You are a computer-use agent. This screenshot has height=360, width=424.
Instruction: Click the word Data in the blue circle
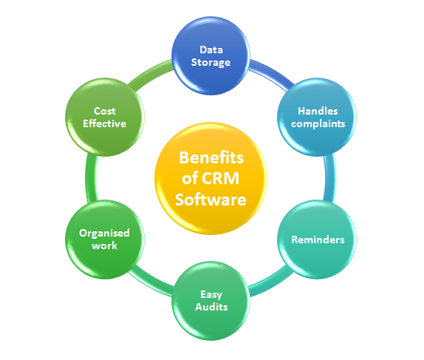click(211, 50)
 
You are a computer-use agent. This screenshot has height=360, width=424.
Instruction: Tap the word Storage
click(211, 63)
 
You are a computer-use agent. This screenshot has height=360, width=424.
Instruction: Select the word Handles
click(318, 111)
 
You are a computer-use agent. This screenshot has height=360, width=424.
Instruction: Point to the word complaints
click(318, 123)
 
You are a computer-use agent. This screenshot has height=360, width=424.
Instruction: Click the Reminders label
click(318, 240)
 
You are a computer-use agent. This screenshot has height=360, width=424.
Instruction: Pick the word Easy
click(211, 295)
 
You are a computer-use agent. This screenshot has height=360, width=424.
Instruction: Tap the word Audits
click(211, 307)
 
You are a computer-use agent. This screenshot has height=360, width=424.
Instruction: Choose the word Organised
click(104, 234)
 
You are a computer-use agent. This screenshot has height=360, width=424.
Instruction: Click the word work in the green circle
click(105, 245)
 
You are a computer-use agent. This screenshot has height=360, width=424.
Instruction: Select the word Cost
click(105, 111)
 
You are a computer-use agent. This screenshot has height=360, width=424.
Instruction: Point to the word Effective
click(105, 123)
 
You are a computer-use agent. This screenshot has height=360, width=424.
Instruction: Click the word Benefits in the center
click(211, 157)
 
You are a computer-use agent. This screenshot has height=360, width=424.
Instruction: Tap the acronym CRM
click(220, 178)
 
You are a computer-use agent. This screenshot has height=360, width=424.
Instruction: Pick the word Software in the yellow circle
click(211, 200)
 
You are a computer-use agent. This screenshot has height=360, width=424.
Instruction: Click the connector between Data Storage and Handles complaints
click(270, 72)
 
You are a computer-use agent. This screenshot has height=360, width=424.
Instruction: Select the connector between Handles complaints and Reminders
click(329, 178)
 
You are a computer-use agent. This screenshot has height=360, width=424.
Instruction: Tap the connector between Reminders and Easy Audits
click(270, 283)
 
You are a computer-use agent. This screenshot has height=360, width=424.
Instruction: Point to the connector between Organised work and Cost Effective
click(91, 178)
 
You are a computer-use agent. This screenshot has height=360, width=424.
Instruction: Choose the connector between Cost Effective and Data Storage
click(151, 74)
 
